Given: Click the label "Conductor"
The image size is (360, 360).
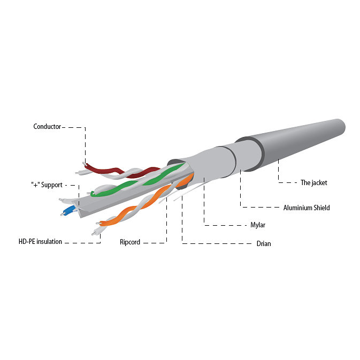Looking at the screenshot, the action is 47,126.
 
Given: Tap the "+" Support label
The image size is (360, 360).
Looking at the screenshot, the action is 47,185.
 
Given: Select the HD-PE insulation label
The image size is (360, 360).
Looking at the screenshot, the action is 40,242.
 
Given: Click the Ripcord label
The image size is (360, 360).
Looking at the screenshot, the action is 130,242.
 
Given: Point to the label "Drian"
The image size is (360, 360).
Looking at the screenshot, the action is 264,243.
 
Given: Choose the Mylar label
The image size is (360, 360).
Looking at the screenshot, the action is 258,225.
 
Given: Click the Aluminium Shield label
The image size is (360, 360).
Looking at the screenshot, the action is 307,208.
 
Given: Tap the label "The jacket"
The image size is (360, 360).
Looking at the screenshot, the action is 314,183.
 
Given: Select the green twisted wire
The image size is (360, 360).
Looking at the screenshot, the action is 138,180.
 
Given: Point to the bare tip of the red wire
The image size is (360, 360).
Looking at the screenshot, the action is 85,164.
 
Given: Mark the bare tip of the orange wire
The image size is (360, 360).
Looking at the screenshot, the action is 98,223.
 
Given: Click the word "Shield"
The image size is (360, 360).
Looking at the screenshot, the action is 321,208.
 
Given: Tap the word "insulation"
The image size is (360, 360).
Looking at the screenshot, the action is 49,242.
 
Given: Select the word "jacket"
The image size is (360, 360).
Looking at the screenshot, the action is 319,183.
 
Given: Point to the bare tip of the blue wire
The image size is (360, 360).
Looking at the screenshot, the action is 62,215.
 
